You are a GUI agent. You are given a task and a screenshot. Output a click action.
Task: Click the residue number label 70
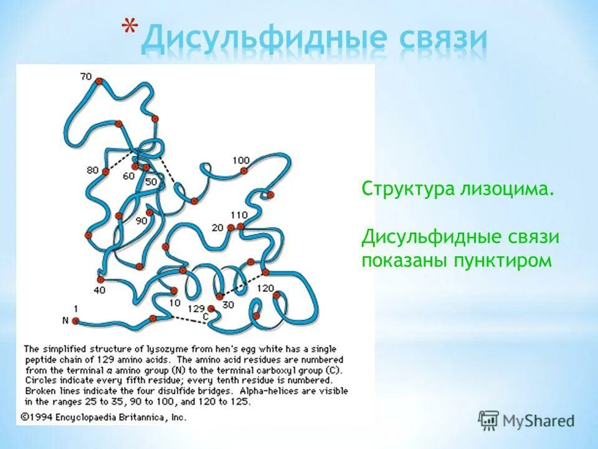point(85,77)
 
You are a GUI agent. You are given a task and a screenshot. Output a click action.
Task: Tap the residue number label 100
point(240,160)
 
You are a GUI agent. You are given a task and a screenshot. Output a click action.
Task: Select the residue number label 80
point(93,170)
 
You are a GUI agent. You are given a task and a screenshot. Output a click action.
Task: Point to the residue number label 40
point(100,290)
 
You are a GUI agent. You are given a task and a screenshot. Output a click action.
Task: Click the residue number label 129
point(196,309)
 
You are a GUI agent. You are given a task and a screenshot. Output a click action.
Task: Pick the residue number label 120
point(265,288)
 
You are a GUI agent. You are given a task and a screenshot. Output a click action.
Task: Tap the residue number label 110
point(239,215)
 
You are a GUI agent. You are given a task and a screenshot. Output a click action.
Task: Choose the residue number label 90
point(141,220)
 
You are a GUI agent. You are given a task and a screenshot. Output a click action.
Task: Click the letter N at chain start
point(64,321)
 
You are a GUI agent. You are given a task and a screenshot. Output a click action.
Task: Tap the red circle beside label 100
point(244,170)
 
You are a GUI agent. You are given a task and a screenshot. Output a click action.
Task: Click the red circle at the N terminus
point(75,321)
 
